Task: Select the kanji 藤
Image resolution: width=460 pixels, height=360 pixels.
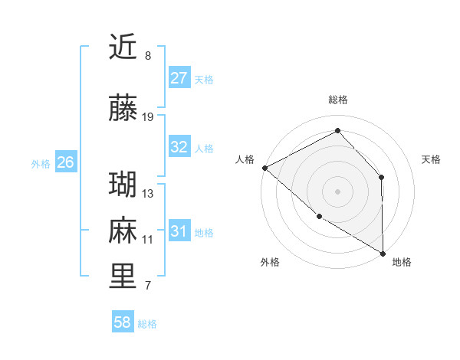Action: point(123,108)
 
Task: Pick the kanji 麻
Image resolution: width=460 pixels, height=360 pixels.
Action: point(123,231)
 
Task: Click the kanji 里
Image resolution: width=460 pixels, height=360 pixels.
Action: point(123,277)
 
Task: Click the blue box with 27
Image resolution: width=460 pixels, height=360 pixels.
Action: point(179,78)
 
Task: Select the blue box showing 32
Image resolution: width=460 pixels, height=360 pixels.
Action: point(179,147)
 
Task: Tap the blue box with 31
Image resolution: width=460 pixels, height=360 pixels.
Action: point(179,231)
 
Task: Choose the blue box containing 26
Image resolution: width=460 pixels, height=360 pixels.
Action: point(66,162)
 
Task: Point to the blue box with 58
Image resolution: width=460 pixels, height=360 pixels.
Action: point(123,323)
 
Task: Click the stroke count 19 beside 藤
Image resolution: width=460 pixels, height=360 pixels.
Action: point(148,117)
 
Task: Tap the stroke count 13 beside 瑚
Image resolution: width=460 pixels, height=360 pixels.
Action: point(148,194)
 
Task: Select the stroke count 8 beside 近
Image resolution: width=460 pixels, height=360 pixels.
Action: point(148,56)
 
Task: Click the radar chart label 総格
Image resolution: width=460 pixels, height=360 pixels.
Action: point(337,100)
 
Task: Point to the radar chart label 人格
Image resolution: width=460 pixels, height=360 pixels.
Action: point(245,159)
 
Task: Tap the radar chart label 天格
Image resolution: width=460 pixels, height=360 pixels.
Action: point(432,159)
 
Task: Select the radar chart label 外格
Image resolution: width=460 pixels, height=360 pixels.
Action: point(269,262)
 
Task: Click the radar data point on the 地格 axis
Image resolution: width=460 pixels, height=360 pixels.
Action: point(383,254)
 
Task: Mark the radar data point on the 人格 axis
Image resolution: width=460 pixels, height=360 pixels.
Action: point(264,167)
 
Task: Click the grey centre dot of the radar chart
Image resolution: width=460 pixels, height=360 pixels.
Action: point(337,191)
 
